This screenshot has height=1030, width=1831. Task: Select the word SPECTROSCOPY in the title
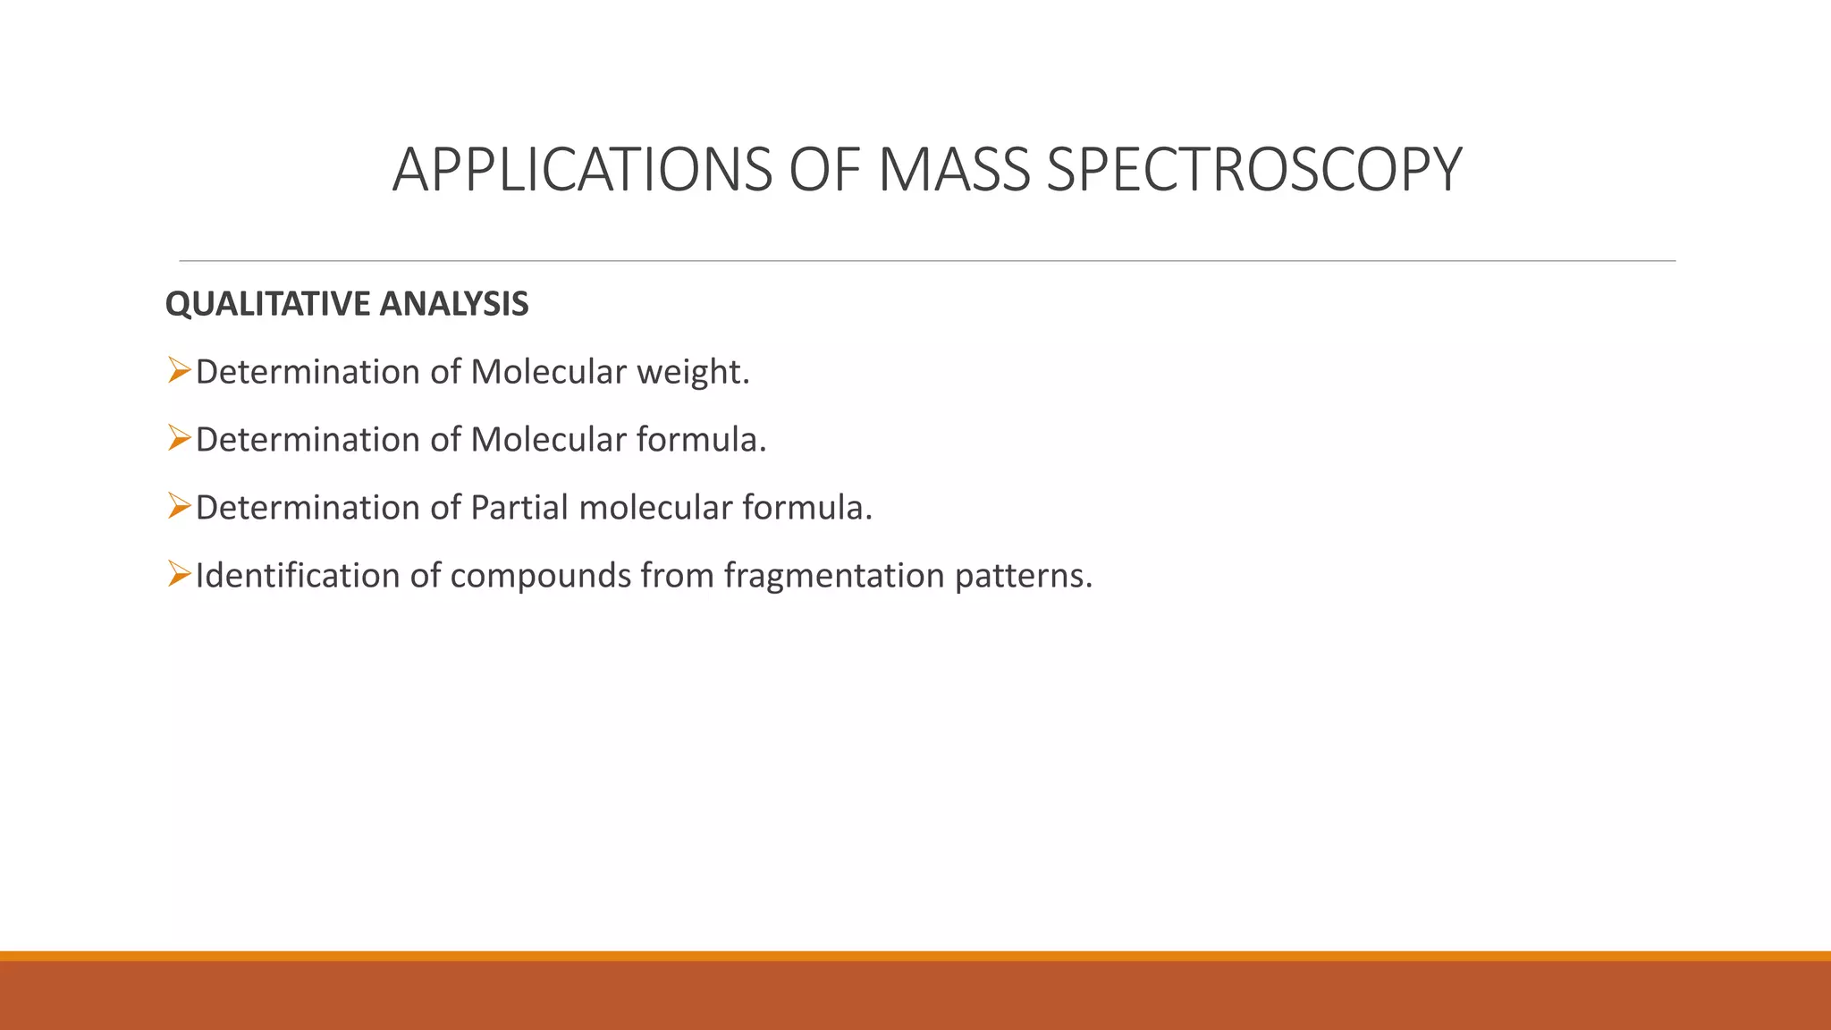click(1253, 170)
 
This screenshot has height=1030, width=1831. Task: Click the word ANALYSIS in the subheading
click(453, 305)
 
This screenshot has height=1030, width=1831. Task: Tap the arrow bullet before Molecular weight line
click(179, 369)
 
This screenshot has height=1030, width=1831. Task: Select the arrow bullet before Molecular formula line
click(179, 437)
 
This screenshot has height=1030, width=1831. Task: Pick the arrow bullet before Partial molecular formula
click(179, 505)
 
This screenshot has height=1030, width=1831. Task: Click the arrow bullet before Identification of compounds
click(179, 573)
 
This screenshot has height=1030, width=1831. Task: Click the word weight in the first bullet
click(692, 373)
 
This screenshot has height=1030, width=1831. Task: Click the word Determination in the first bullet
click(307, 373)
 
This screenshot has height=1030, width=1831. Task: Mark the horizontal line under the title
click(927, 261)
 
